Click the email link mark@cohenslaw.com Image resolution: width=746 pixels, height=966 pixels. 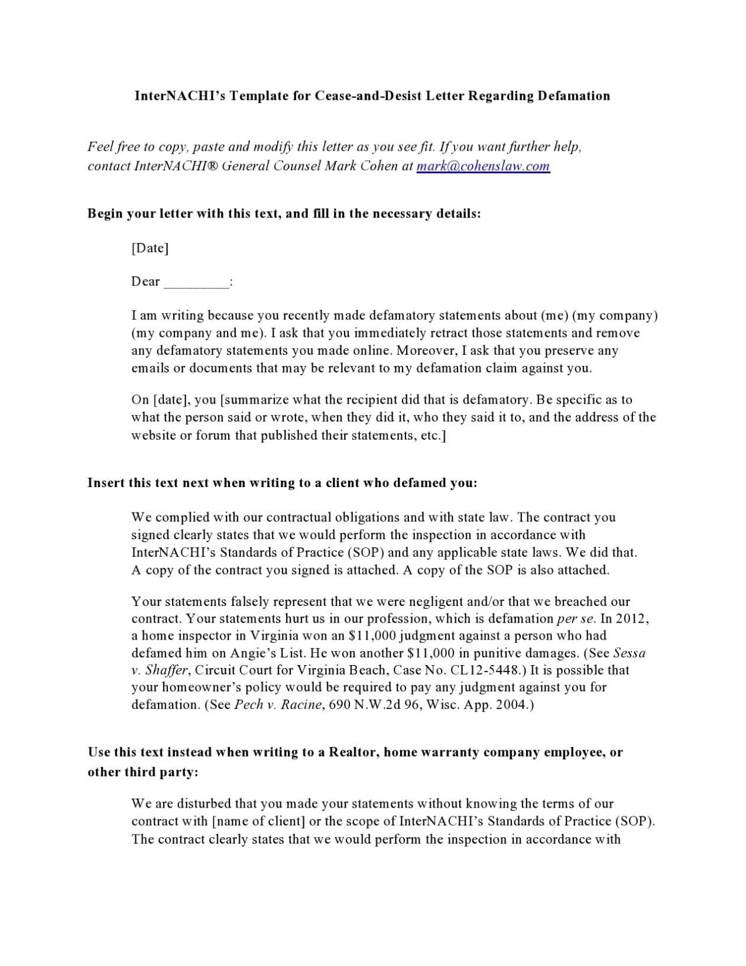483,166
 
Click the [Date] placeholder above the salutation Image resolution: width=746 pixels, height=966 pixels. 150,248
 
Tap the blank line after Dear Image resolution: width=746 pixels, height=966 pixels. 196,283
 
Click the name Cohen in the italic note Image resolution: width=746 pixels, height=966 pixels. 378,166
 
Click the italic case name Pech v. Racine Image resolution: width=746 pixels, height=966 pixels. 278,705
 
